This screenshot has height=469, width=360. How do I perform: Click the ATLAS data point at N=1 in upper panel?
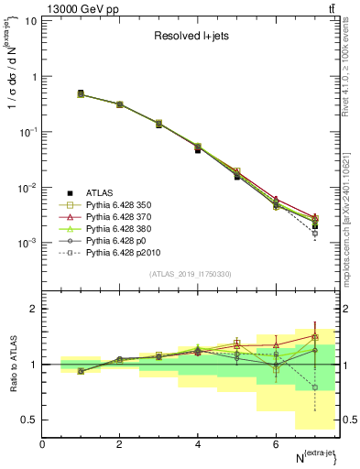81,93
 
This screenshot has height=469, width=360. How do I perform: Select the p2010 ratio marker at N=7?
315,387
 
